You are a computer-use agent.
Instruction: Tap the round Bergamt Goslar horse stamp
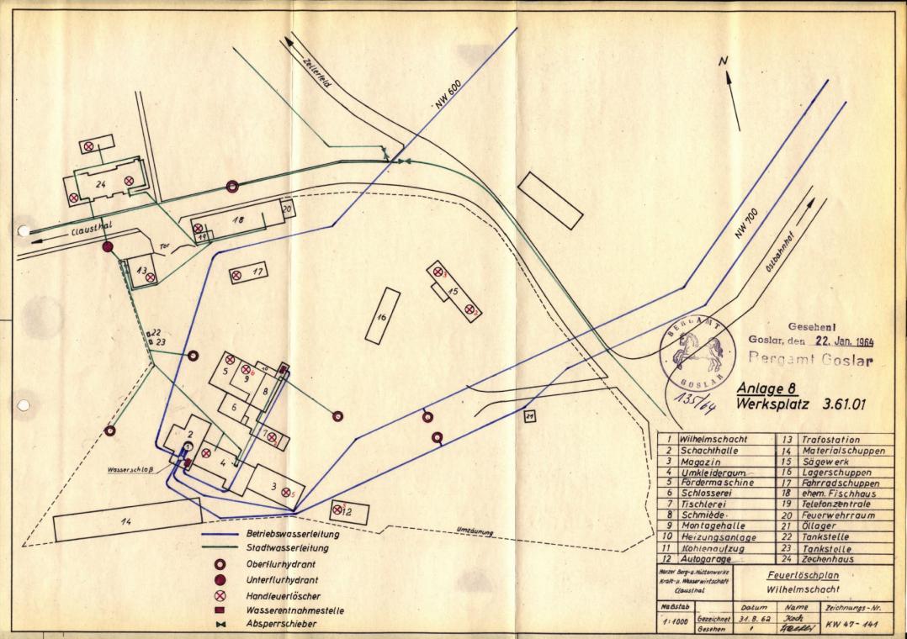click(x=697, y=352)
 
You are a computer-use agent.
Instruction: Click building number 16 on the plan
click(x=383, y=316)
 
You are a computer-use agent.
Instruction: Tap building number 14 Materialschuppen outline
click(x=126, y=523)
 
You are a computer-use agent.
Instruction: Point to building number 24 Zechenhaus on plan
click(x=100, y=183)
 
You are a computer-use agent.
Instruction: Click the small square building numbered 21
click(x=530, y=416)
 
